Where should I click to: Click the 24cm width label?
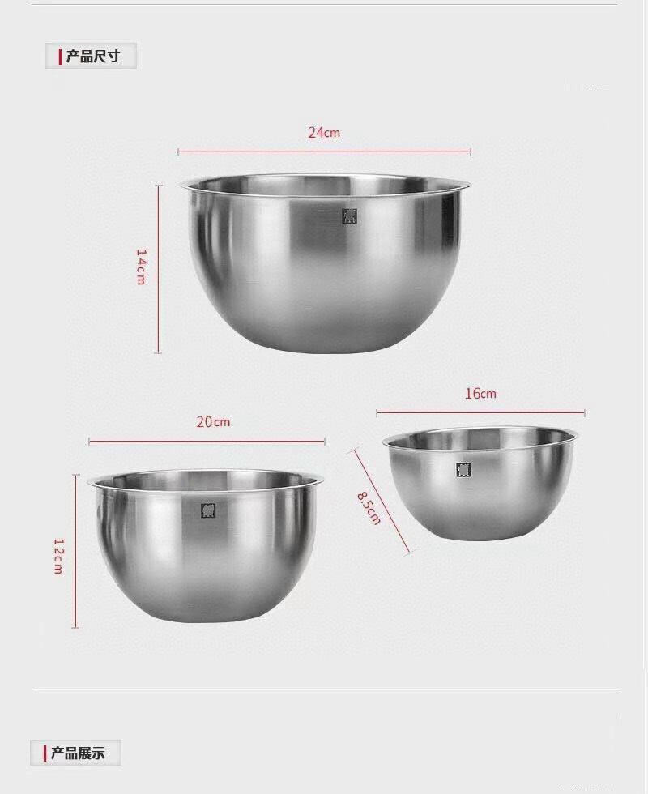point(324,133)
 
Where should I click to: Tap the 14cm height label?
point(140,267)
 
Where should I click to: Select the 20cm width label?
point(213,422)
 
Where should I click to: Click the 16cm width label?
point(480,394)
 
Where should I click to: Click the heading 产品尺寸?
point(93,57)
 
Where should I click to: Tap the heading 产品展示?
point(78,753)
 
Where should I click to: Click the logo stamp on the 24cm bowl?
point(349,216)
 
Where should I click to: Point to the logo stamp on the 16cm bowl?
point(463,470)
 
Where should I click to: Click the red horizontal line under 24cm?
point(324,152)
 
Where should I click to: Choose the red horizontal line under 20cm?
point(207,442)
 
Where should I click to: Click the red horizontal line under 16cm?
point(480,413)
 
